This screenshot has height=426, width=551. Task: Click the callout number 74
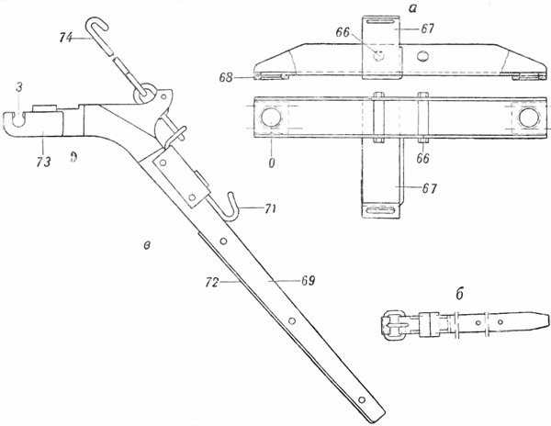point(66,38)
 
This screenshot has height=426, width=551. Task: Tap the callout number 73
point(43,162)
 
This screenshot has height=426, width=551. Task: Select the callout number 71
point(270,208)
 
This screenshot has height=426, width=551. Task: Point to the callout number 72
point(213,282)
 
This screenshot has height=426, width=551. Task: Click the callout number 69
point(309,281)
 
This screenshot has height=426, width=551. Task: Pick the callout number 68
point(226,77)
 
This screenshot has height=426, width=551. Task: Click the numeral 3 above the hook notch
point(19,87)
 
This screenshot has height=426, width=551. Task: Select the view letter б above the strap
point(460,294)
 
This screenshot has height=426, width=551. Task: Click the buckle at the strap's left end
point(393,325)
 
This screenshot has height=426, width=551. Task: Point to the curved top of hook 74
point(96,22)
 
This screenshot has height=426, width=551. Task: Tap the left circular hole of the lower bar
point(271,118)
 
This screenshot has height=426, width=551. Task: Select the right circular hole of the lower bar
point(529,118)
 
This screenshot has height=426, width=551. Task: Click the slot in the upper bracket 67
point(381,22)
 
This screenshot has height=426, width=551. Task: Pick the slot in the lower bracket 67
point(382,210)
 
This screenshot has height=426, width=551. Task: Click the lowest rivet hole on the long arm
point(362,399)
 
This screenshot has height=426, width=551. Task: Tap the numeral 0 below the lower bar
point(272,163)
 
